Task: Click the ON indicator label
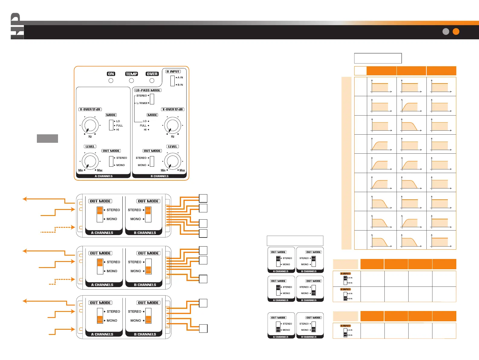point(111,74)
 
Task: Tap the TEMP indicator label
point(131,74)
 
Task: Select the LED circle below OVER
point(152,80)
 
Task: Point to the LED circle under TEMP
point(131,80)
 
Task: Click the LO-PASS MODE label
point(148,90)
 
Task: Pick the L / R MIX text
point(142,103)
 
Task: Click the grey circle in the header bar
point(446,31)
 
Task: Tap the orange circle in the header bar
point(456,31)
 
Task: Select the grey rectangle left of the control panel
point(47,138)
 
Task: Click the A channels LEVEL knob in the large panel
point(90,161)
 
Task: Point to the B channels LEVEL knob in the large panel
point(173,161)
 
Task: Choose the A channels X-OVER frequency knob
point(90,125)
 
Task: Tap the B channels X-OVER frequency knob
point(173,125)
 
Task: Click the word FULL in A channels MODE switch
point(119,126)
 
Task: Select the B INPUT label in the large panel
point(173,71)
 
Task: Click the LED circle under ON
point(111,80)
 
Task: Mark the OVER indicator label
point(152,74)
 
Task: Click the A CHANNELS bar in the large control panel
point(103,176)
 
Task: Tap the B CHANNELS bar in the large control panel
point(159,176)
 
